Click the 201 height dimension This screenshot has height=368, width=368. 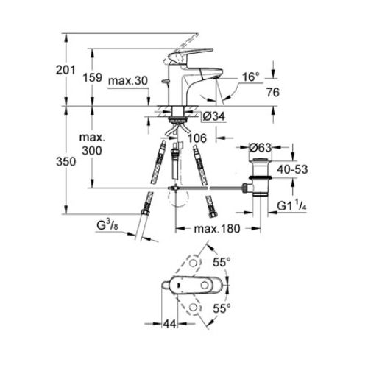(66, 70)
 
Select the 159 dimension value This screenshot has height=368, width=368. (92, 77)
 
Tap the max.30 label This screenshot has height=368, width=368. (128, 81)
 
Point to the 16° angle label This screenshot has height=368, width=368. (251, 77)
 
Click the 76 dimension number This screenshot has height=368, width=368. (273, 92)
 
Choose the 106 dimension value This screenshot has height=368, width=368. (197, 138)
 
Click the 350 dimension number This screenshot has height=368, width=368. (66, 162)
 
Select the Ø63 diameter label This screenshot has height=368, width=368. (261, 148)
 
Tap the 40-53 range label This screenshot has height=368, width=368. (292, 169)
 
